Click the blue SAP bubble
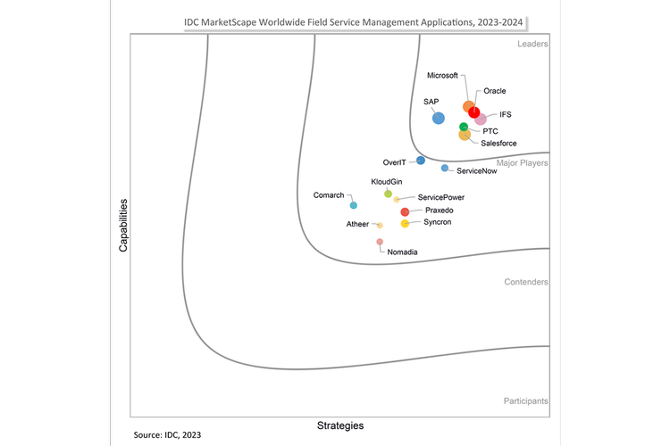point(438,118)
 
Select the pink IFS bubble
point(481,119)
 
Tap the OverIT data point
point(421,161)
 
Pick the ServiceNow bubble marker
point(445,168)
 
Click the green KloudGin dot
point(388,194)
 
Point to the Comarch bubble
point(354,205)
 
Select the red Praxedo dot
point(405,211)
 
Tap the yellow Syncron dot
point(405,223)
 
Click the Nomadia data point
point(380,242)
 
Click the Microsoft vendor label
point(442,76)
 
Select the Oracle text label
point(495,91)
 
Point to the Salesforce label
point(498,143)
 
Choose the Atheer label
point(357,224)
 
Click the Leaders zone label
point(532,44)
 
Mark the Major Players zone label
point(522,163)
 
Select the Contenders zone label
point(526,282)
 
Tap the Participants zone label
point(525,401)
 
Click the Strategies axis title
point(340,425)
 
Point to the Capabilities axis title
point(124,225)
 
